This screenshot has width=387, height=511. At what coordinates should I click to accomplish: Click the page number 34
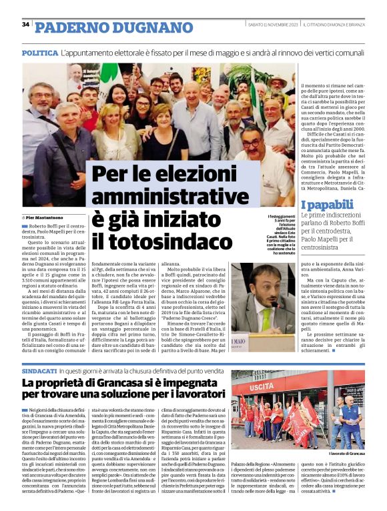[x=25, y=25]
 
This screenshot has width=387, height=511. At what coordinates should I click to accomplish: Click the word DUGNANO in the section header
[x=149, y=27]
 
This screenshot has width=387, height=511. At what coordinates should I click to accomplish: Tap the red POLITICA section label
[x=39, y=53]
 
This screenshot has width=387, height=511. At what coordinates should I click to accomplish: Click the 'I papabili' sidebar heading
[x=328, y=205]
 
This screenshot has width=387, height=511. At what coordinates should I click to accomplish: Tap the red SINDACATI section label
[x=39, y=370]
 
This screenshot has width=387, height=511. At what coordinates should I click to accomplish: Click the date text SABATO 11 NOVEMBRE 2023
[x=272, y=25]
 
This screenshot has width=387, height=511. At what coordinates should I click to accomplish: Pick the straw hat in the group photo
[x=278, y=79]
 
